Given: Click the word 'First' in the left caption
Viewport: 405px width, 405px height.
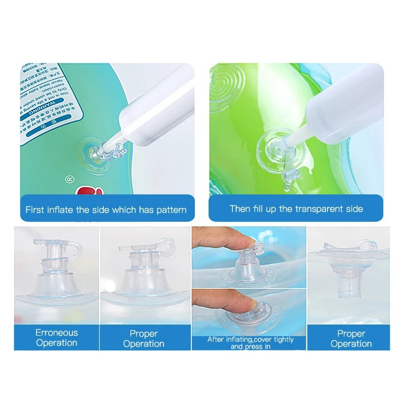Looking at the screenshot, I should point(35,210).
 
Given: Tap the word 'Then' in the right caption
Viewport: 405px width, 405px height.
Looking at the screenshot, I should point(240,209).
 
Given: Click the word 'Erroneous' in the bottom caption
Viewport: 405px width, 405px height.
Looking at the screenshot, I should point(57,333).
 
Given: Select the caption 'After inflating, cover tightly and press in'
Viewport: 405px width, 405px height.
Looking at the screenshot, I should point(251,343).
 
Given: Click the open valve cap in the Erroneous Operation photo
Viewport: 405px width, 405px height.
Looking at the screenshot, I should point(73,248).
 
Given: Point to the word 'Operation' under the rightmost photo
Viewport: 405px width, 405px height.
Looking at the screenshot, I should point(351,344).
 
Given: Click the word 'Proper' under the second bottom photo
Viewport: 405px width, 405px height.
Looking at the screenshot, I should point(144,334).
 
